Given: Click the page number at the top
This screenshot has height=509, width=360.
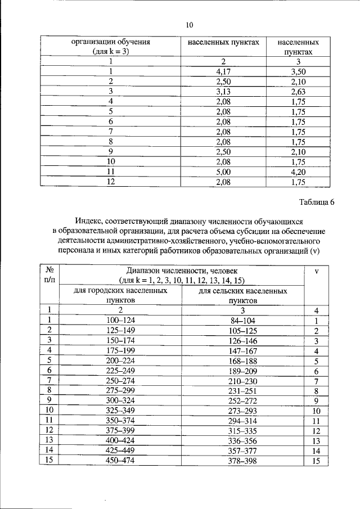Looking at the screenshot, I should (190, 25).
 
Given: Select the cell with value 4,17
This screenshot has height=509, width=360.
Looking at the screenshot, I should (223, 71).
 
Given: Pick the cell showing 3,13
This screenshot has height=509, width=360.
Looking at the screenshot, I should (223, 91).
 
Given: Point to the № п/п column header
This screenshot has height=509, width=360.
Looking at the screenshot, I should (49, 275).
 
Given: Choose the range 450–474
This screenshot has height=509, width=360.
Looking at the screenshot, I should (120, 461).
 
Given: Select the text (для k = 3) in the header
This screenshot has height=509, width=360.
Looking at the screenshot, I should (110, 51).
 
